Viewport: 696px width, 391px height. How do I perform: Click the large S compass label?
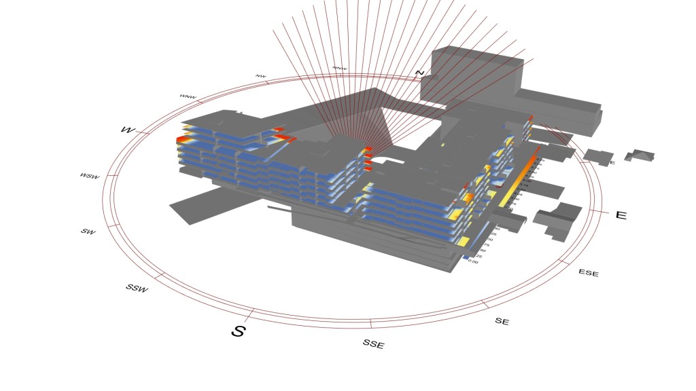(238, 331)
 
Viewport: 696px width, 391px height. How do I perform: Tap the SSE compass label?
(373, 344)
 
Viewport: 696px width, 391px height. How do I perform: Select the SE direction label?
(502, 321)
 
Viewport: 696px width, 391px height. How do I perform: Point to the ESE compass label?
(589, 273)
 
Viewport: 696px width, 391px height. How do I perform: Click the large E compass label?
(621, 215)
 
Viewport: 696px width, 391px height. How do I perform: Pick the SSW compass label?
(137, 288)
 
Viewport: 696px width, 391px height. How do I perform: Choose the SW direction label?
(88, 231)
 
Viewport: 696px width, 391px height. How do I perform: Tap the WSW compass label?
(89, 176)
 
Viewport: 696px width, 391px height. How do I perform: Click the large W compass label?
(127, 129)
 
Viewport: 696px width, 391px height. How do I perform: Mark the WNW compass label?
(188, 96)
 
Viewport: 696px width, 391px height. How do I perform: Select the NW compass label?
(260, 76)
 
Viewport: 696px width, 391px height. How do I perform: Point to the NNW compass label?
(339, 69)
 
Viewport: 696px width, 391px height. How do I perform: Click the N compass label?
(420, 73)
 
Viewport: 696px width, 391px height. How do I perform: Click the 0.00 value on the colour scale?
(473, 261)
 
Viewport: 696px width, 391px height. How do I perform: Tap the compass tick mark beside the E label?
(598, 211)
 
